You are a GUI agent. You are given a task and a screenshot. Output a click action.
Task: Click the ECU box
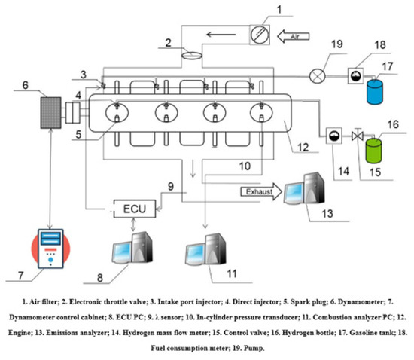coord(135,209)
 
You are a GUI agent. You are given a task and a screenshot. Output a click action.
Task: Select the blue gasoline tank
coord(374,91)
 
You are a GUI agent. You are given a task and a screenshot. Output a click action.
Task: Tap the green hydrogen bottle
coord(373,151)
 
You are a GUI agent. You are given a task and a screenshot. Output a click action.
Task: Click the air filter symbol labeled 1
coord(260,35)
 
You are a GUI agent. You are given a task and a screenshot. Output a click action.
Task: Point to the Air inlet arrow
coord(293,36)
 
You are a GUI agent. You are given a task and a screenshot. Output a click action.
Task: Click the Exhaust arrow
coord(261,191)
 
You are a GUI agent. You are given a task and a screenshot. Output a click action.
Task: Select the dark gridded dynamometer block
coord(51,113)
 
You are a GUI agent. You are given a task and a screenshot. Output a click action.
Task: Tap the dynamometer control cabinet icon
coord(50,249)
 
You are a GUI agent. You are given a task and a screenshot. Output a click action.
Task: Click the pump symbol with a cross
coord(317,76)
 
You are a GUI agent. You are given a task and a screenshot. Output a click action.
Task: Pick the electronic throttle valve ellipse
coord(192,56)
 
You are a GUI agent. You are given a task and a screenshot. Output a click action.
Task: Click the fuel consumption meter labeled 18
coord(355,76)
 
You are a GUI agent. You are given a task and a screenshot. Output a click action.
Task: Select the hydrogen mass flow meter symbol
coord(334,136)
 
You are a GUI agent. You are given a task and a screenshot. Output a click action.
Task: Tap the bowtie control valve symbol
coord(358,136)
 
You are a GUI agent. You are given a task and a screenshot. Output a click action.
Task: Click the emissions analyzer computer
coord(304,188)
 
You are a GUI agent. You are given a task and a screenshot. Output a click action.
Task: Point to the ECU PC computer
coord(132,248)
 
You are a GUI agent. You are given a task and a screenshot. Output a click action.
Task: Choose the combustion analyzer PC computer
coord(206,249)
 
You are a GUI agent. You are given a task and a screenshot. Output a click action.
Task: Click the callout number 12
coord(303,147)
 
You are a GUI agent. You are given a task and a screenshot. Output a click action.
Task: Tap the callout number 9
coord(171,186)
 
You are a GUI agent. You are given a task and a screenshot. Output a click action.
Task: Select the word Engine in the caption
coord(19,333)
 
